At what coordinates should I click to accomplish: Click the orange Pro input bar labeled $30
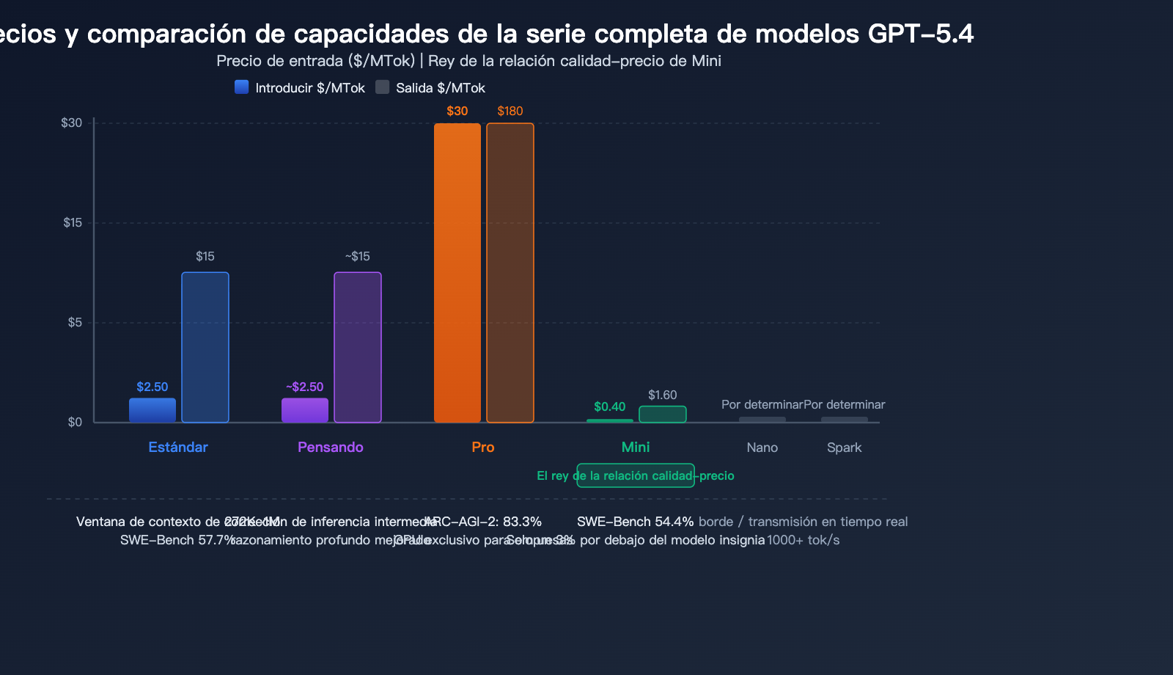pos(457,273)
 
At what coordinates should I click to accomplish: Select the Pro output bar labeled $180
pos(510,273)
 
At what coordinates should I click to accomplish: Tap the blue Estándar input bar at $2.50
pos(152,410)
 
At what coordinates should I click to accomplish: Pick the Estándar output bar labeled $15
pos(205,347)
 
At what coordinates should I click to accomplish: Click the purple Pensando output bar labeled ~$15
pos(358,347)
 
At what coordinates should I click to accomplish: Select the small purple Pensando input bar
pos(305,410)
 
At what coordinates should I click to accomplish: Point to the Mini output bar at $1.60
pos(663,415)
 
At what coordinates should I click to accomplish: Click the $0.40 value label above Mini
pos(609,406)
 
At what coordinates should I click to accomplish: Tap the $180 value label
pos(510,111)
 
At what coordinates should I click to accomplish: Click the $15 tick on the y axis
pos(73,222)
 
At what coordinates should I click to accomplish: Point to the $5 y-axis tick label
pos(75,322)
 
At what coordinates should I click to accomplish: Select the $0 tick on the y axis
pos(75,422)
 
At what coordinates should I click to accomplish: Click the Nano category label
pos(762,448)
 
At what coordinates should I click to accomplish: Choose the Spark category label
pos(844,448)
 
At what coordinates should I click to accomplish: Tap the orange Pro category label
pos(483,447)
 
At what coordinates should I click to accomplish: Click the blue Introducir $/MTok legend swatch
pos(241,87)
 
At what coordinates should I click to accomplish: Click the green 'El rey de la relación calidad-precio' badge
pos(636,475)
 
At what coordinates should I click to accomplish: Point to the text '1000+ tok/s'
pos(803,540)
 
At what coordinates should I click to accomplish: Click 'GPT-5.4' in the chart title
pos(920,34)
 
